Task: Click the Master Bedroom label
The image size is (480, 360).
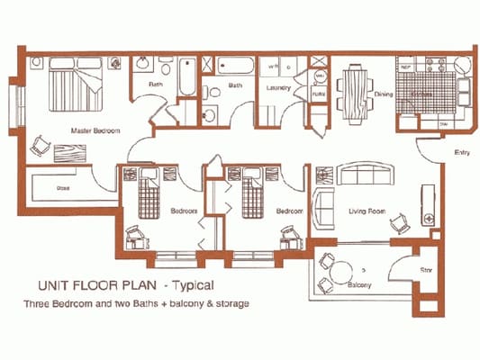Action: point(95,132)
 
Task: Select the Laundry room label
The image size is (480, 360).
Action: point(276,87)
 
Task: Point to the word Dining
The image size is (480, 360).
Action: point(383,94)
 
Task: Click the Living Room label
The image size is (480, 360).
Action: point(367,211)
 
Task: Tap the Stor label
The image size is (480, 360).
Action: point(428,269)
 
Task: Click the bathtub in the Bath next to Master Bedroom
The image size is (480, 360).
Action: point(186,76)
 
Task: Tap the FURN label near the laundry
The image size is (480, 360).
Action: point(318,94)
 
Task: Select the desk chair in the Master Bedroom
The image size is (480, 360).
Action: point(39,146)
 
